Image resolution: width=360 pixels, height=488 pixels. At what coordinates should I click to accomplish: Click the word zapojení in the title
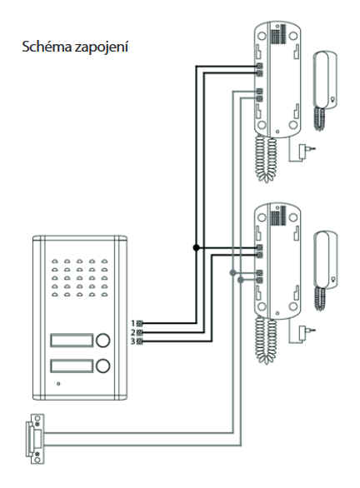pyautogui.click(x=102, y=47)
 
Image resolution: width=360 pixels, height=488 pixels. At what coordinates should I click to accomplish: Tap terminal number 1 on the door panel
pyautogui.click(x=140, y=323)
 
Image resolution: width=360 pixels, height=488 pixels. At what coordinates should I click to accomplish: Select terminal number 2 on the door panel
pyautogui.click(x=140, y=332)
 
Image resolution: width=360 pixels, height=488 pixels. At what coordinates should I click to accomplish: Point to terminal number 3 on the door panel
pyautogui.click(x=140, y=341)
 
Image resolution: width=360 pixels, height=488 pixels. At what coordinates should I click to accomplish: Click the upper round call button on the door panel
pyautogui.click(x=102, y=340)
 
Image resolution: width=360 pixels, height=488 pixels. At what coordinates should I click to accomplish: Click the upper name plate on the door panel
pyautogui.click(x=72, y=340)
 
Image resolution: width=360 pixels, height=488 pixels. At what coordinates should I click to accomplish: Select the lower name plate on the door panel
pyautogui.click(x=72, y=366)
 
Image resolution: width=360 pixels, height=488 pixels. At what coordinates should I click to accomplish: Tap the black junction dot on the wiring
pyautogui.click(x=196, y=247)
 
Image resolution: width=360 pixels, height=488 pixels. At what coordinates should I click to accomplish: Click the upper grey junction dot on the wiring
pyautogui.click(x=232, y=273)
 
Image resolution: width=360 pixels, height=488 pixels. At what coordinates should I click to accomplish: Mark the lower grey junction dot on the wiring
pyautogui.click(x=240, y=280)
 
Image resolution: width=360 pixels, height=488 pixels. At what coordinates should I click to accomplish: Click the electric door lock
pyautogui.click(x=35, y=439)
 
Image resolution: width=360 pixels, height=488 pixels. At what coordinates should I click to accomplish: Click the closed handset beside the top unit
pyautogui.click(x=324, y=90)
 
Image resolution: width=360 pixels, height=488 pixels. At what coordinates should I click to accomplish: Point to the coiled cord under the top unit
pyautogui.click(x=267, y=159)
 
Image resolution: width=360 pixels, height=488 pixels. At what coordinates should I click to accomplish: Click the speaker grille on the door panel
pyautogui.click(x=80, y=277)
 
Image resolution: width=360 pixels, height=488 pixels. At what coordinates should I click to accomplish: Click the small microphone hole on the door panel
pyautogui.click(x=58, y=383)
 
